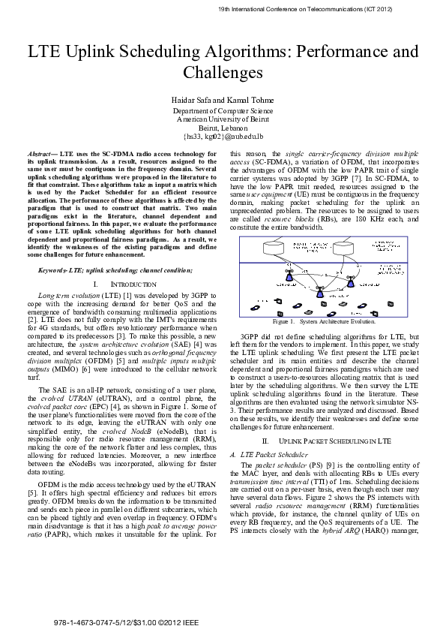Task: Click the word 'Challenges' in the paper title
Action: pyautogui.click(x=223, y=73)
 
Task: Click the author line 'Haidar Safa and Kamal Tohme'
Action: pyautogui.click(x=223, y=101)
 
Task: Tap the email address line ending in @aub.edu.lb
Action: pyautogui.click(x=223, y=137)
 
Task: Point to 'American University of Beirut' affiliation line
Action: pyautogui.click(x=223, y=119)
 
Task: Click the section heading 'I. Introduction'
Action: pyautogui.click(x=125, y=284)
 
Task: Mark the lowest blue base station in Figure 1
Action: pyautogui.click(x=319, y=293)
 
